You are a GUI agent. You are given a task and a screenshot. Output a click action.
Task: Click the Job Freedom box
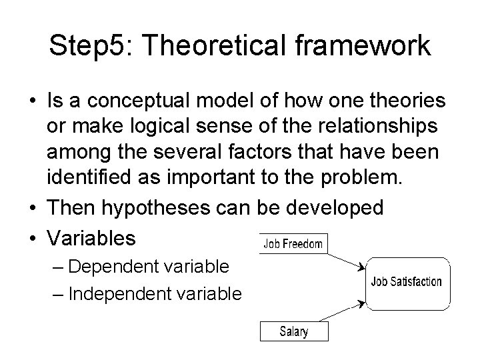[x=293, y=244]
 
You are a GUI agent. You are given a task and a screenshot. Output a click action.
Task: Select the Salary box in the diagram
[x=293, y=331]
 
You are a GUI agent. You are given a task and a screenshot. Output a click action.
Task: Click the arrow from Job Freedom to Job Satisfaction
[x=345, y=256]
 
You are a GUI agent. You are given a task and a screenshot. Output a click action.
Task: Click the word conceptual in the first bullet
[x=139, y=101]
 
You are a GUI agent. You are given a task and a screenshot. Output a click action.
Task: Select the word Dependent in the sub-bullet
[x=113, y=267]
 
